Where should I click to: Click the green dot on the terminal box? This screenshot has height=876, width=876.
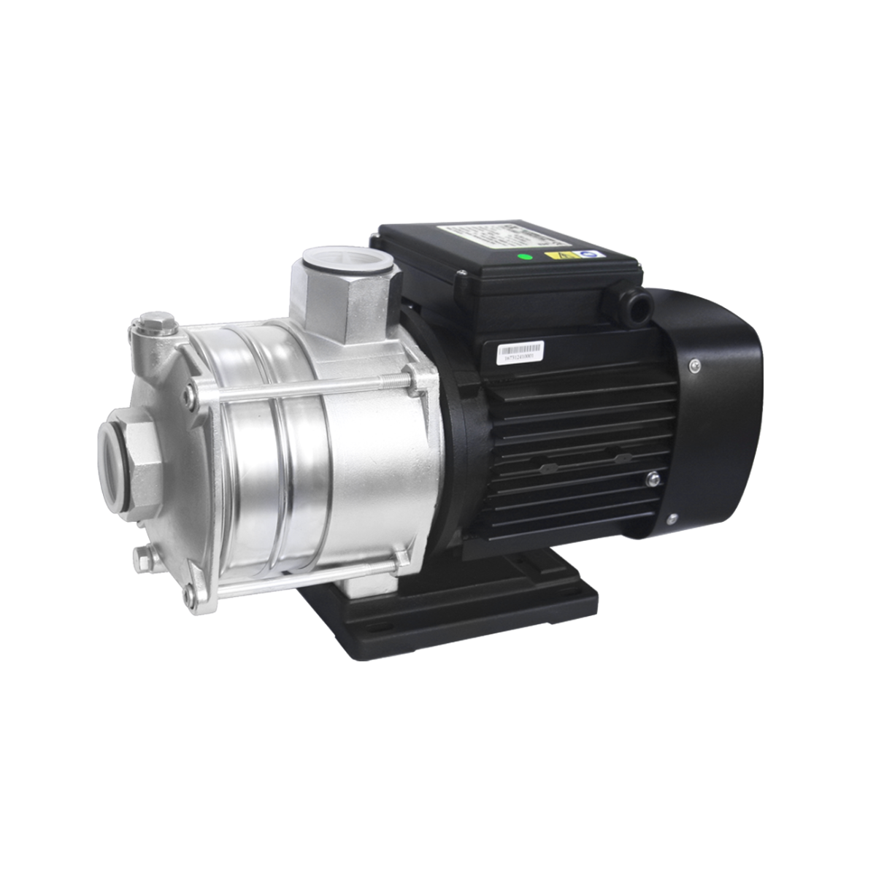tap(522, 256)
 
